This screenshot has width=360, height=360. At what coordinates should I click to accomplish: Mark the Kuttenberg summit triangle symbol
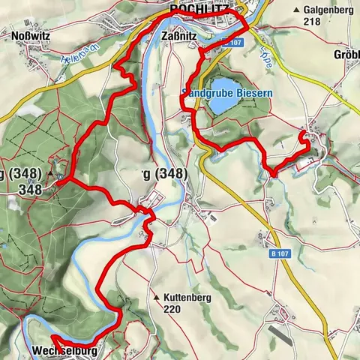coord(156,297)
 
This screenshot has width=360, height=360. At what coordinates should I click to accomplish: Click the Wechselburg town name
coord(64,350)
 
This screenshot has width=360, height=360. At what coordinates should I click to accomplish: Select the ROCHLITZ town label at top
coord(199,9)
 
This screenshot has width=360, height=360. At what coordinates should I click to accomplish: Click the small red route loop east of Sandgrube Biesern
coord(306,138)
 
